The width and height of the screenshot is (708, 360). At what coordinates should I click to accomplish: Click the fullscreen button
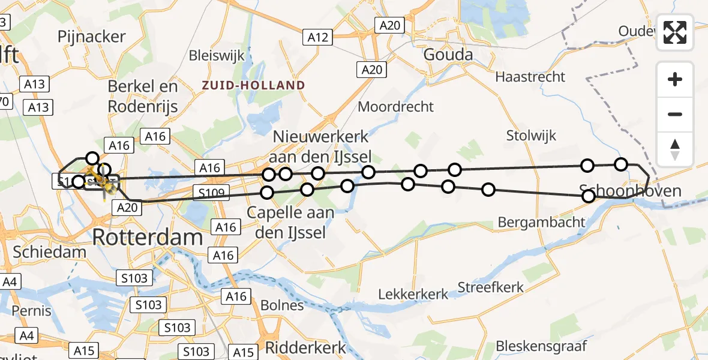click(675, 32)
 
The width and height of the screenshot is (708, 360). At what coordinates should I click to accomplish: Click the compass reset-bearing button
click(675, 149)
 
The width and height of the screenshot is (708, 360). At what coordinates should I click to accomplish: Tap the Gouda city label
click(448, 55)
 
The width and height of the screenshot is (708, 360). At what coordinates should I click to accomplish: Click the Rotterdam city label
click(148, 238)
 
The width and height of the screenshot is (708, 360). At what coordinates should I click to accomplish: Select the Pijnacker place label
click(92, 37)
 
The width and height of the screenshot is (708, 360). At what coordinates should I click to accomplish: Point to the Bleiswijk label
click(217, 56)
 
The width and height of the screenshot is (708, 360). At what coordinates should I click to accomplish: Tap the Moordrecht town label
click(395, 107)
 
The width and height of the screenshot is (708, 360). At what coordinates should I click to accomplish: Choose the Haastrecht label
click(530, 77)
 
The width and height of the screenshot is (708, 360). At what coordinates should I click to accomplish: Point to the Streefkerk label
click(491, 287)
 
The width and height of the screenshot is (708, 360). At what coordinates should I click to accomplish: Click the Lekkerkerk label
click(413, 294)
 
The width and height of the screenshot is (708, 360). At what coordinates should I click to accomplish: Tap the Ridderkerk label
click(306, 347)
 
